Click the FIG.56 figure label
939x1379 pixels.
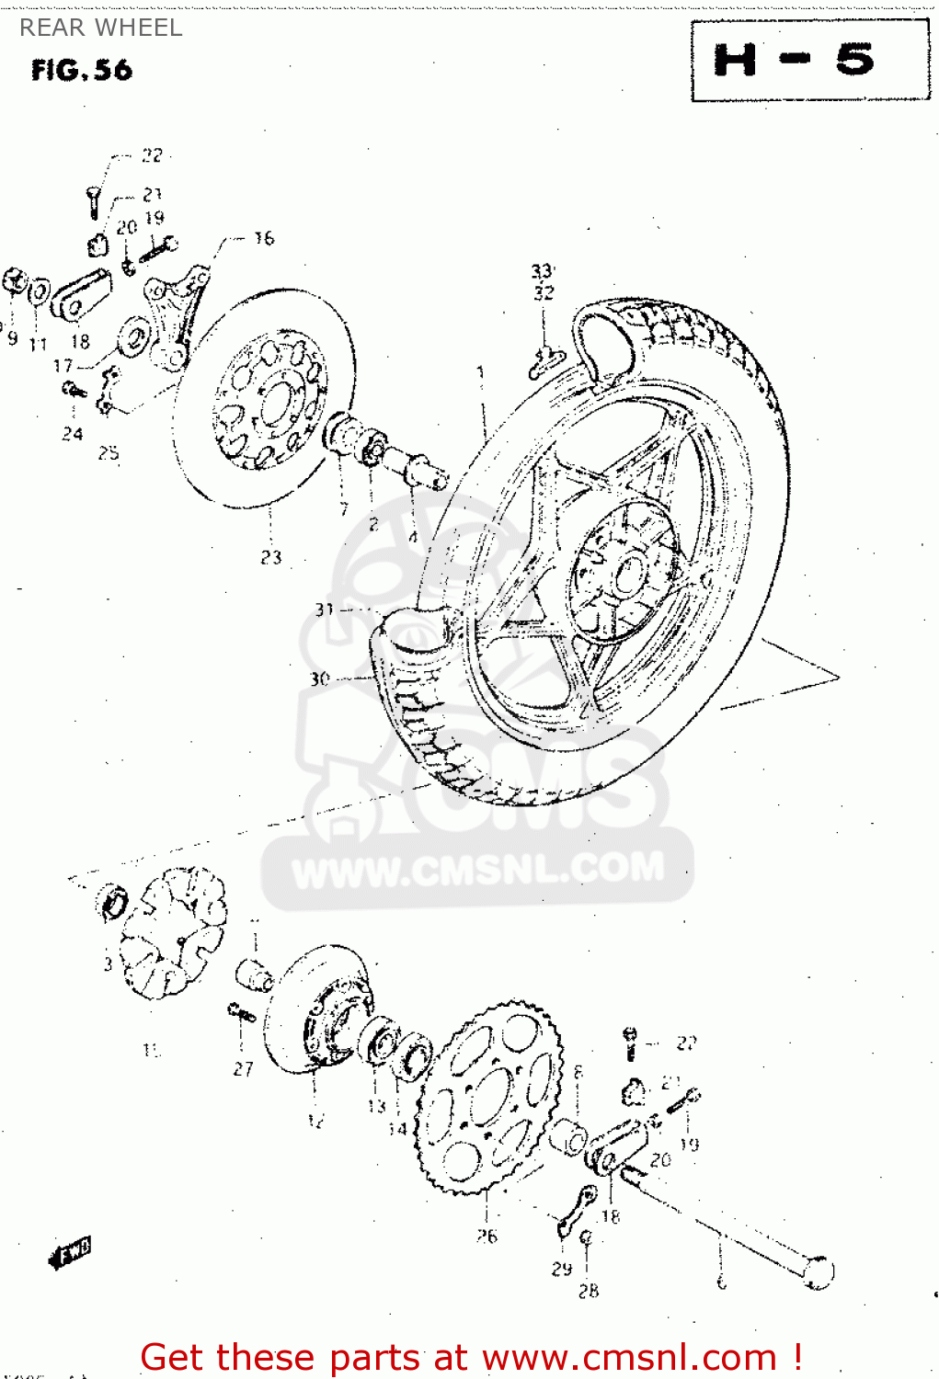click(81, 70)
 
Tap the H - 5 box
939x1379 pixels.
click(809, 61)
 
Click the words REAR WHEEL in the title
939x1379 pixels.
click(101, 28)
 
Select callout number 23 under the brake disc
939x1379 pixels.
click(270, 557)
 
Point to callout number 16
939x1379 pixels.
click(264, 238)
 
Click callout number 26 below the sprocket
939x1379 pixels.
click(487, 1237)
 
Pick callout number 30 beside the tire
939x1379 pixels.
click(319, 678)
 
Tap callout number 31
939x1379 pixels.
click(324, 609)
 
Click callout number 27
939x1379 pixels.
click(243, 1068)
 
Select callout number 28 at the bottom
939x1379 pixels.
click(589, 1291)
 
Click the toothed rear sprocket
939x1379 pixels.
click(487, 1099)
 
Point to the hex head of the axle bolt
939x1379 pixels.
click(818, 1271)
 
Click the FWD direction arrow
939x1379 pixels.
click(71, 1252)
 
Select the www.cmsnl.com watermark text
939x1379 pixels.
click(478, 869)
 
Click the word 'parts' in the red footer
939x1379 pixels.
click(373, 1357)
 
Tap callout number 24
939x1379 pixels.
click(73, 433)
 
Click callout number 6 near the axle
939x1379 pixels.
click(722, 1282)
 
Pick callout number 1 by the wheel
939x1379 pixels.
click(479, 373)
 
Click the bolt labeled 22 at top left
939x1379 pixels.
click(93, 200)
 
